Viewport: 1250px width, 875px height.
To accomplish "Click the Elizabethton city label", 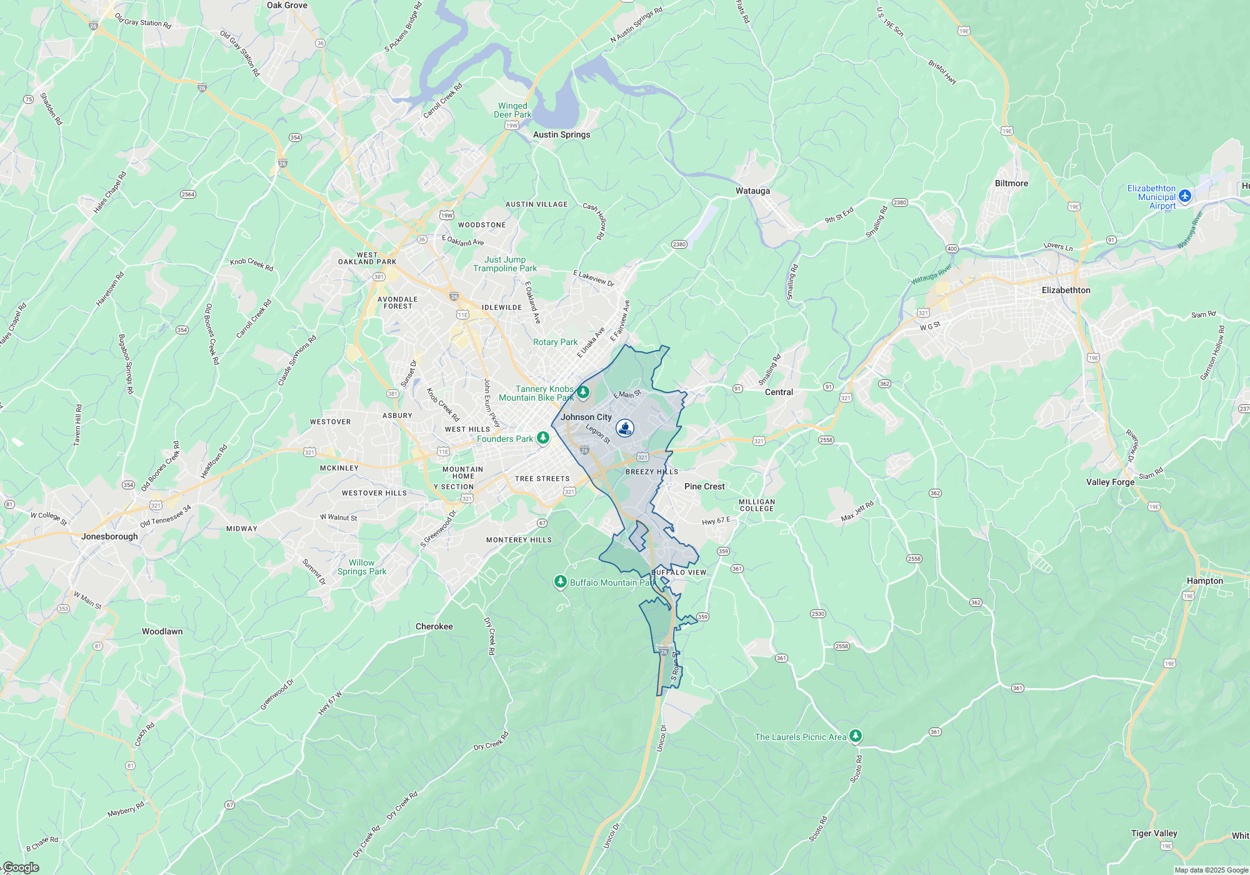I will [1066, 290].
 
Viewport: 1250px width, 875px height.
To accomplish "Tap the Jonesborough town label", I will [109, 536].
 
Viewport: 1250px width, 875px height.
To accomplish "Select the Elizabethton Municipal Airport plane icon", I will [1185, 196].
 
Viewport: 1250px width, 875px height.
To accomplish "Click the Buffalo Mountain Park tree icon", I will [560, 582].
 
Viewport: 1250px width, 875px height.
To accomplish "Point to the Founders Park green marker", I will [543, 438].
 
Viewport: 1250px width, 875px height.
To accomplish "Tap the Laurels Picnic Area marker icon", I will [856, 736].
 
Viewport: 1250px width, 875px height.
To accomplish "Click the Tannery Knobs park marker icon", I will [582, 392].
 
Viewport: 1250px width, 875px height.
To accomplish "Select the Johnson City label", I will [586, 417].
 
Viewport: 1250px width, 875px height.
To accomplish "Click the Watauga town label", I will [752, 191].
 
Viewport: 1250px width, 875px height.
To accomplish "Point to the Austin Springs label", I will [561, 134].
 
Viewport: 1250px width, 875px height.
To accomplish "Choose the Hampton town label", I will [1204, 581].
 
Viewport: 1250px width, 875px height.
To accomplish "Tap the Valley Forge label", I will [1110, 482].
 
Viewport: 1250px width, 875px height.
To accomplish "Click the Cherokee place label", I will [434, 626].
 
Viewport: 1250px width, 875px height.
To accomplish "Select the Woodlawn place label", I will [162, 631].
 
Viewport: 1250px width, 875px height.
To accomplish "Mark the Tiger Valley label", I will [1154, 833].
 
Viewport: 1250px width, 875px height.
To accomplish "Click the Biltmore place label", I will [1011, 183].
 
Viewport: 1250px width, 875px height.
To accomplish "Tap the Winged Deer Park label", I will [512, 110].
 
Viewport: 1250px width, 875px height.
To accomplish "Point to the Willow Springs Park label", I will [362, 567].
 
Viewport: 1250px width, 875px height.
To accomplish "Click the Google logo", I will [21, 867].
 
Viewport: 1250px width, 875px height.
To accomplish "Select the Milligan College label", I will [756, 505].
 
